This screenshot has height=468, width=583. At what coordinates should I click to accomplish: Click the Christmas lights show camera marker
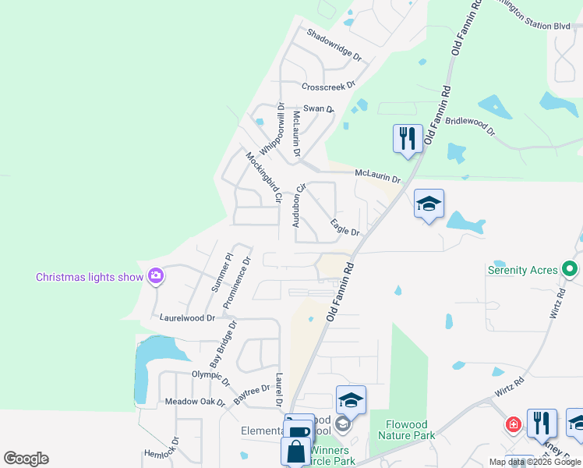click(x=156, y=276)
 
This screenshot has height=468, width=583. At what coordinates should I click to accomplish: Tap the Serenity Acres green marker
click(x=570, y=270)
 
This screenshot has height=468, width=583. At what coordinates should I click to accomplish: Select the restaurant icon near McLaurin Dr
click(x=408, y=139)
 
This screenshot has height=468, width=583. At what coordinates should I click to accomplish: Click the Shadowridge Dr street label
click(x=334, y=45)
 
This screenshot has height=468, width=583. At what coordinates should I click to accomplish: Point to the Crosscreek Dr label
click(x=328, y=85)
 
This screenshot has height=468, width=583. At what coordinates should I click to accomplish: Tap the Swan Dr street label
click(x=318, y=109)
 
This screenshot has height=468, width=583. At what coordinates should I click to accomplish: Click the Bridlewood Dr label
click(x=468, y=126)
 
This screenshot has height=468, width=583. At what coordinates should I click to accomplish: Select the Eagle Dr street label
click(x=344, y=228)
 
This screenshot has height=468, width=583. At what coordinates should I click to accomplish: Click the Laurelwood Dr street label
click(x=187, y=318)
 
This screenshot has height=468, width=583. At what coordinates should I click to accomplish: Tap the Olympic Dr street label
click(x=210, y=378)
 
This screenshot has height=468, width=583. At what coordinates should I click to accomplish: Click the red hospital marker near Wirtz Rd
click(x=513, y=425)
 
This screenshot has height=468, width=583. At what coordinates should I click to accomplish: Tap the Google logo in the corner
click(x=26, y=459)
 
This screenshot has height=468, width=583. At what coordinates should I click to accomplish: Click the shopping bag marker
click(x=295, y=451)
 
